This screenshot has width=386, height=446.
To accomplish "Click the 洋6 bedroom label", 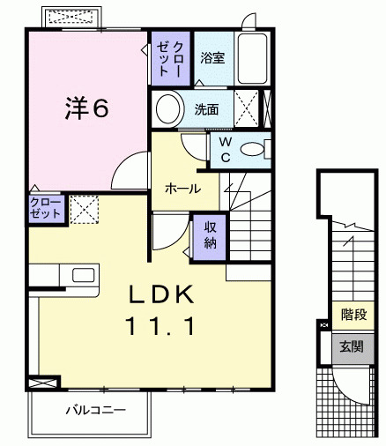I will coord(85,108).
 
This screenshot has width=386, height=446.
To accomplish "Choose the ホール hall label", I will coord(182,189).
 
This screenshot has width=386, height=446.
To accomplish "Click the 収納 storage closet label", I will coord(211,234).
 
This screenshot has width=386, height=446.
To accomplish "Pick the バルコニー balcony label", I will coord(95,410).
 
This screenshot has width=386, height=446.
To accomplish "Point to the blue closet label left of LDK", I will coord(44,208).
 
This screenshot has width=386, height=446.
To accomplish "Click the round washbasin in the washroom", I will coord(167,109).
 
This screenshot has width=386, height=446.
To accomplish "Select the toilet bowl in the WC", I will coord(255,148).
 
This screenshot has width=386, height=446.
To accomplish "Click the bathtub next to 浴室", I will coord(253,60).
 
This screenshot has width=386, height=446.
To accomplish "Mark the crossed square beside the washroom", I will coord(249,109).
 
